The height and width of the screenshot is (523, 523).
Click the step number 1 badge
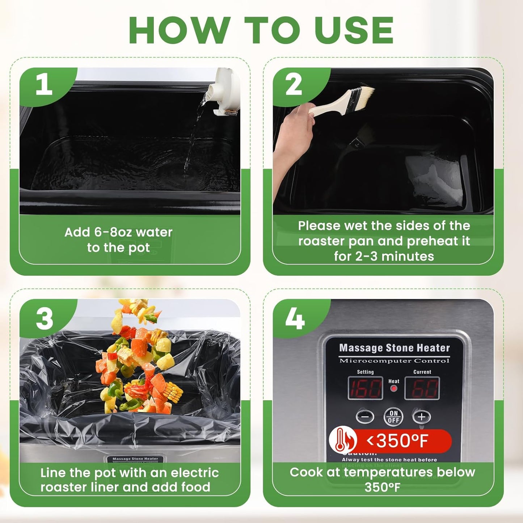point(44,85)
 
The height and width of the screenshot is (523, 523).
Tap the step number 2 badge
point(294,85)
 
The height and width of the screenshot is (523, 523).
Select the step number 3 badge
point(44,319)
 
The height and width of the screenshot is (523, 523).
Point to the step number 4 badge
point(295,319)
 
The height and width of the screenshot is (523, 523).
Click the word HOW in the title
point(180,30)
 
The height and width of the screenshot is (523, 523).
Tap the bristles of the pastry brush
point(363,94)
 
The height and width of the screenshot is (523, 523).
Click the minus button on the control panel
point(365,417)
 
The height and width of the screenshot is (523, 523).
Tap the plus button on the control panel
point(421,417)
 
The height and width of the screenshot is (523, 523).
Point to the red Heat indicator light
point(393,388)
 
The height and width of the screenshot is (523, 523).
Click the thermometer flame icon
point(342,440)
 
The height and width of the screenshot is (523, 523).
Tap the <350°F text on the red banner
point(397,441)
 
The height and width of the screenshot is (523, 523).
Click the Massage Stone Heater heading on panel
point(394,348)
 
